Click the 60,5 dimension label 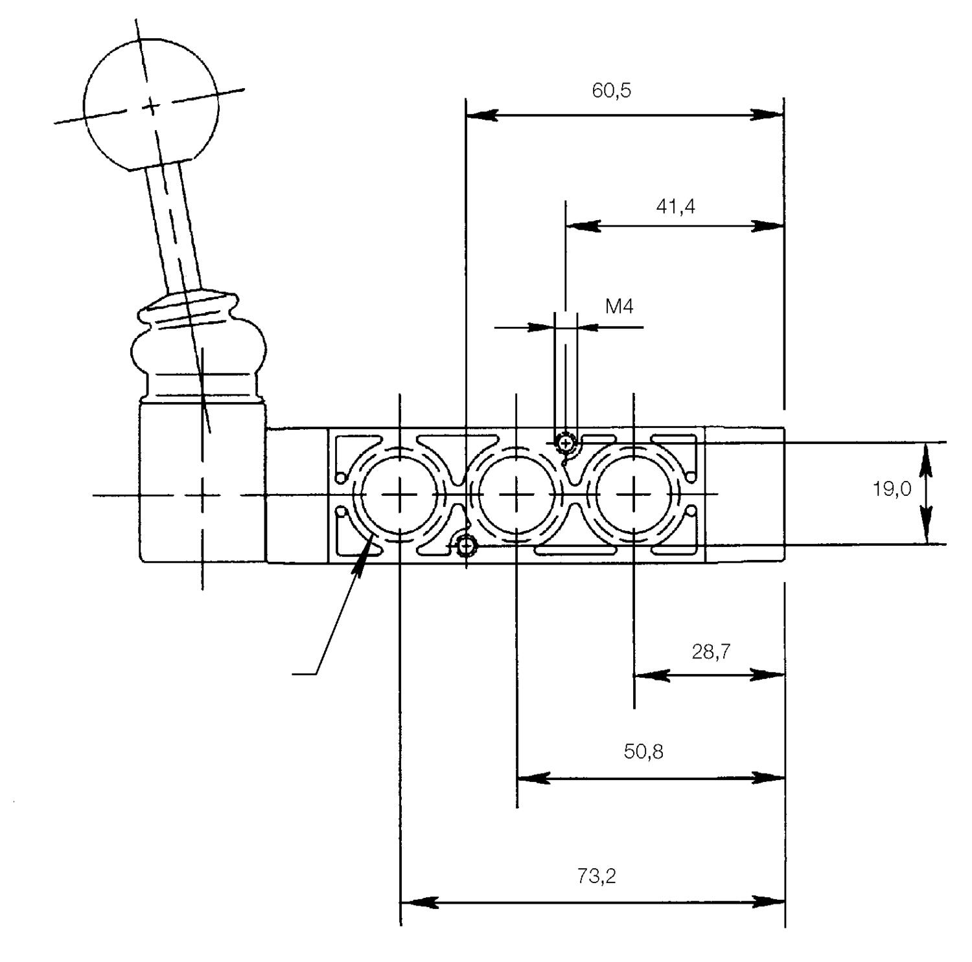coord(610,91)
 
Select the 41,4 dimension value coord(675,207)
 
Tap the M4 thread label coord(619,306)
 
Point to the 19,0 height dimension coord(891,489)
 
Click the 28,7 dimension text coord(711,651)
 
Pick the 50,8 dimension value coord(643,752)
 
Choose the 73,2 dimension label coord(596,877)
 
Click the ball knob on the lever coord(151,106)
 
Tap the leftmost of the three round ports coord(400,495)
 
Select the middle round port coord(516,495)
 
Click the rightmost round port coord(634,495)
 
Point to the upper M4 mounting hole coord(566,443)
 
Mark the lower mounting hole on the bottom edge coord(465,547)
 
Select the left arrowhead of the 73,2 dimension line coord(415,902)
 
